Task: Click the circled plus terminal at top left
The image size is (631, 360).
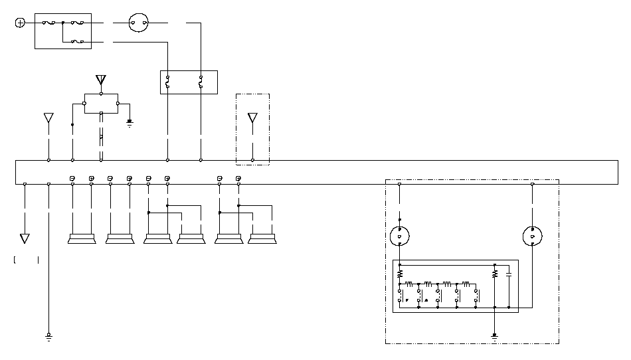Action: pyautogui.click(x=20, y=23)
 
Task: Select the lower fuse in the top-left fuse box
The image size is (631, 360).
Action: pyautogui.click(x=78, y=42)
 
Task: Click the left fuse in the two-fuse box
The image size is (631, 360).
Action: pyautogui.click(x=167, y=82)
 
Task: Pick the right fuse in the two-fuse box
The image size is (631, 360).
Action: pyautogui.click(x=201, y=82)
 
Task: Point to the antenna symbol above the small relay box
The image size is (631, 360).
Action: pyautogui.click(x=101, y=81)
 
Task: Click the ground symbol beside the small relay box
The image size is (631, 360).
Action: pyautogui.click(x=130, y=123)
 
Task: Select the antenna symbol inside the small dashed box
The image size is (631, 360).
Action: pyautogui.click(x=252, y=118)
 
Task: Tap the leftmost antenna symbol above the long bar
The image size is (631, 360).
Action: pyautogui.click(x=48, y=118)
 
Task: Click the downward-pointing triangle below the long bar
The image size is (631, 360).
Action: pyautogui.click(x=25, y=238)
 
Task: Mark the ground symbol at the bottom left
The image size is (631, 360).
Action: pyautogui.click(x=48, y=337)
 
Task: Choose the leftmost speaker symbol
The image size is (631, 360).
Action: pyautogui.click(x=82, y=238)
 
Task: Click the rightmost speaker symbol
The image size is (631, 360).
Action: pyautogui.click(x=262, y=238)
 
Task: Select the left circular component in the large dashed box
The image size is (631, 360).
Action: pyautogui.click(x=399, y=236)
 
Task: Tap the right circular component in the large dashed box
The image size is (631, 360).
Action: pyautogui.click(x=533, y=236)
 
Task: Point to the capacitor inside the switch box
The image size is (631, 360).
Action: pyautogui.click(x=508, y=274)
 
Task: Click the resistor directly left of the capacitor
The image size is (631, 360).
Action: pyautogui.click(x=495, y=274)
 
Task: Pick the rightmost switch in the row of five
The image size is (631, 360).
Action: pyautogui.click(x=476, y=296)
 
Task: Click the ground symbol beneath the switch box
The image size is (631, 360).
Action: pyautogui.click(x=495, y=335)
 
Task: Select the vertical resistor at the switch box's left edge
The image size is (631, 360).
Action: pyautogui.click(x=399, y=274)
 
